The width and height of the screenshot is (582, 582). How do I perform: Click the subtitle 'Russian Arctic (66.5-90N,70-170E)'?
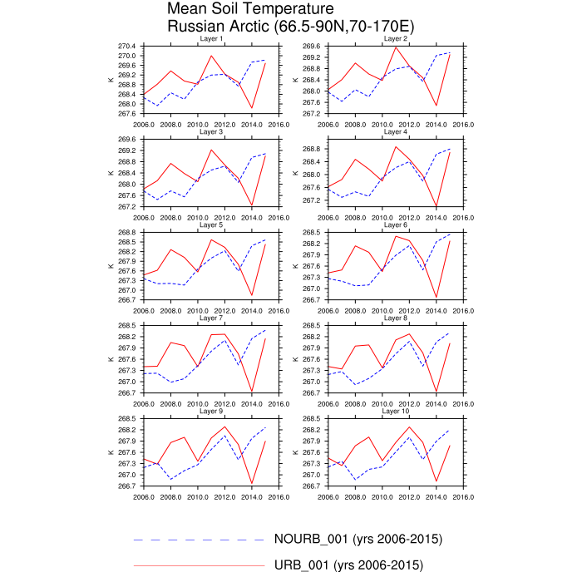pyautogui.click(x=290, y=27)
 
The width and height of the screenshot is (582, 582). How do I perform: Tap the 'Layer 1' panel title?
pyautogui.click(x=211, y=39)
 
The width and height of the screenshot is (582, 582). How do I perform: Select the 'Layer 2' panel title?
pyautogui.click(x=396, y=39)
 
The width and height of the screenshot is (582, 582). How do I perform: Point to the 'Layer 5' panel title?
pyautogui.click(x=211, y=225)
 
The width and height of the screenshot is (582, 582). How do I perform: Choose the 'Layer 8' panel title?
pyautogui.click(x=396, y=318)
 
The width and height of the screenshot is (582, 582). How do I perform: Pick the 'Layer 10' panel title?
pyautogui.click(x=396, y=412)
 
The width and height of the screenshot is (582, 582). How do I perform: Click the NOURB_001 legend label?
pyautogui.click(x=358, y=539)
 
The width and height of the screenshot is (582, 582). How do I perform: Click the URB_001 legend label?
pyautogui.click(x=348, y=566)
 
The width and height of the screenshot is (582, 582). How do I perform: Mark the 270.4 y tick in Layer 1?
pyautogui.click(x=127, y=46)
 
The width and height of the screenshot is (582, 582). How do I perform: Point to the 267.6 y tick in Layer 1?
pyautogui.click(x=127, y=113)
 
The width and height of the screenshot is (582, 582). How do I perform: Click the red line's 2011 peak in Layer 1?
pyautogui.click(x=211, y=56)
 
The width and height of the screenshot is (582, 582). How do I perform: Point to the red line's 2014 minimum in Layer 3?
pyautogui.click(x=252, y=205)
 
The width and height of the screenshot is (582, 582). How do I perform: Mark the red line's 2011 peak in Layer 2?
pyautogui.click(x=396, y=47)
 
